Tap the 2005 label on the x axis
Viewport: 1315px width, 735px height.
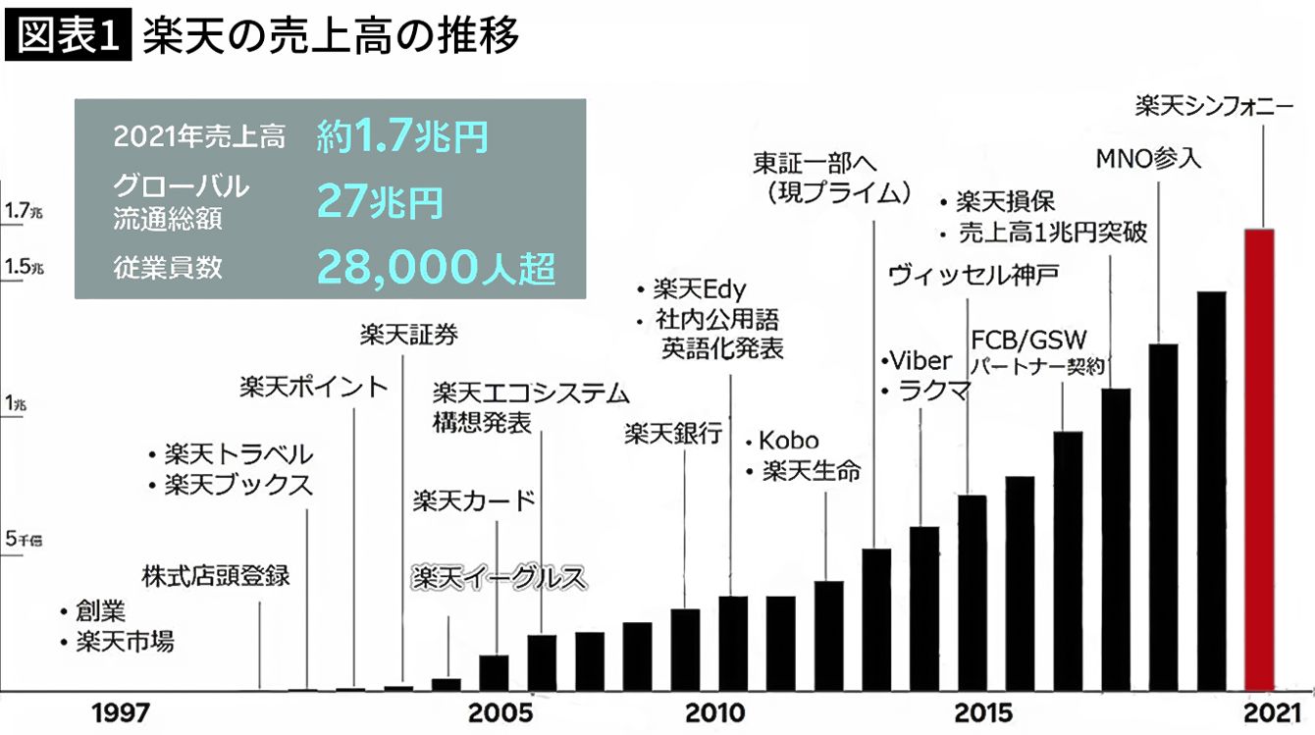500,712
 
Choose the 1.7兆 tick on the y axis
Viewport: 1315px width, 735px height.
25,210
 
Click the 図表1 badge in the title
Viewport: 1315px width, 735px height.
68,36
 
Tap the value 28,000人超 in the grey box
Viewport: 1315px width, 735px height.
436,266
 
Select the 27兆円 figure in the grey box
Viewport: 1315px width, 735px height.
379,202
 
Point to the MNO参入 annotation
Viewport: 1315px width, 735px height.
1147,158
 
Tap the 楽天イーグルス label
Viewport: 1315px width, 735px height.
498,576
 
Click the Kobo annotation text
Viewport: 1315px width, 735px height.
788,441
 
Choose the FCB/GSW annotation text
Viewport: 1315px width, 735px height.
1028,341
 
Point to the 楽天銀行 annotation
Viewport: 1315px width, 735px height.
673,434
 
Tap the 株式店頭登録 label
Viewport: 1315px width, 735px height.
216,575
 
